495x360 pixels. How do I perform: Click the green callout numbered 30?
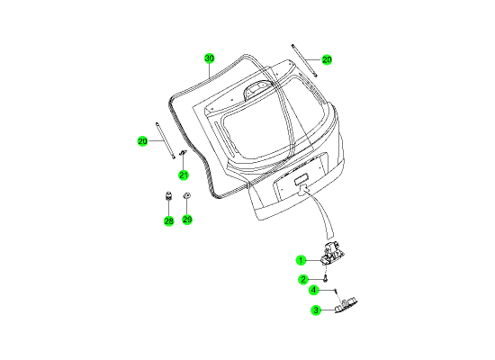click(x=209, y=58)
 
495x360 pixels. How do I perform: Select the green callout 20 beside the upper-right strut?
click(x=327, y=59)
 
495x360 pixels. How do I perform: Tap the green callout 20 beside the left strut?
click(x=143, y=141)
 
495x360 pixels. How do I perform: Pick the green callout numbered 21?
click(x=184, y=175)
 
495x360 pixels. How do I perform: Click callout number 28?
click(x=169, y=221)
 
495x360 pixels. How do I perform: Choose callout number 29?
click(x=187, y=220)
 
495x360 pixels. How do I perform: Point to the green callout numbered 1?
click(x=301, y=260)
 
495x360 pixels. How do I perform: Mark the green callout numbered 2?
click(x=303, y=280)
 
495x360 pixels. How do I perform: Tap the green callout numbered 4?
click(x=313, y=290)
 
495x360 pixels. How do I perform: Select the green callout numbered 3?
click(x=316, y=310)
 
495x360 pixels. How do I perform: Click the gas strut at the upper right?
click(x=304, y=60)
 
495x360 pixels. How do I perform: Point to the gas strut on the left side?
click(x=165, y=140)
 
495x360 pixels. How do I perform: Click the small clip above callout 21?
click(x=183, y=153)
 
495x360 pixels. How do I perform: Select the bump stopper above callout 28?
click(x=169, y=196)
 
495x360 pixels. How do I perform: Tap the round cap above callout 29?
click(x=187, y=196)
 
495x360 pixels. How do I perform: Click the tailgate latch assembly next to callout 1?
click(x=332, y=253)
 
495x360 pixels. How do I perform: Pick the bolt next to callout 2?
click(x=326, y=279)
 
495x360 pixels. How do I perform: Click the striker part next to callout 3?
click(x=346, y=305)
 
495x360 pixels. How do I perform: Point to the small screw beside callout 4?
click(x=337, y=290)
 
